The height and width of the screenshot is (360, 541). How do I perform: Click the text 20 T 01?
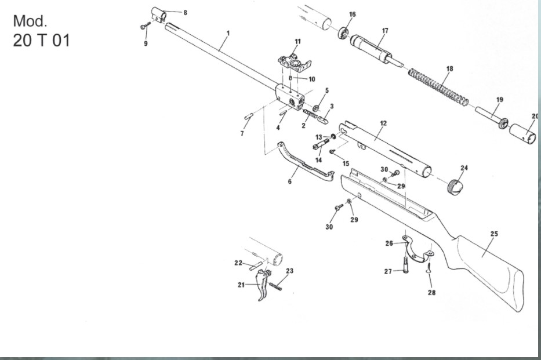tap(41, 41)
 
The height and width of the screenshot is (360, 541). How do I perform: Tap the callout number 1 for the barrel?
tap(228, 33)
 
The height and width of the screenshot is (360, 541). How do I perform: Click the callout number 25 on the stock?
tap(494, 234)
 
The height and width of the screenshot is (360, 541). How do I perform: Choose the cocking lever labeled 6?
tap(304, 165)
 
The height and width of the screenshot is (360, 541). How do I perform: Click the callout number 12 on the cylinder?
tap(383, 123)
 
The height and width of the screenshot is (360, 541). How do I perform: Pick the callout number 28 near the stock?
tap(431, 293)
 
